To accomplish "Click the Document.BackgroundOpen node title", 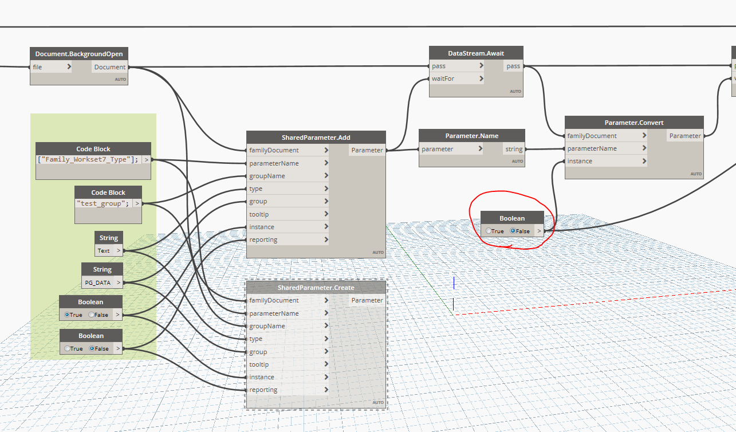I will tap(78, 54).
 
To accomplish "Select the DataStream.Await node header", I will tap(475, 53).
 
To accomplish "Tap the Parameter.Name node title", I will tap(471, 136).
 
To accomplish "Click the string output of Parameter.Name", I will tap(513, 149).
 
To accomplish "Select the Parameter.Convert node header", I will tap(633, 123).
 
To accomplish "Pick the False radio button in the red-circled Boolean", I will tap(513, 231).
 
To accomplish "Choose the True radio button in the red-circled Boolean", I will tap(488, 231).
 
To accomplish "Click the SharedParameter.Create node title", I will tap(316, 287).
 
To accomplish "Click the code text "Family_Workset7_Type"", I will tap(88, 159).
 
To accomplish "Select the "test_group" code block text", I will tap(103, 203).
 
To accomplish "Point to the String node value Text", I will tap(104, 250).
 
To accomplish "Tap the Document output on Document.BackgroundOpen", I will tap(110, 67).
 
